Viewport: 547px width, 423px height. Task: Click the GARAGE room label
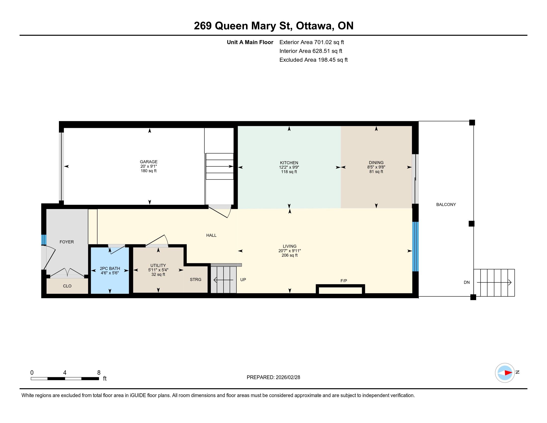click(148, 162)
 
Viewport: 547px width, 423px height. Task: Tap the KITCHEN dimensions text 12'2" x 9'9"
click(289, 167)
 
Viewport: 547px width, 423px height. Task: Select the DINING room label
click(376, 163)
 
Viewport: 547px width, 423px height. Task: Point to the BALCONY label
click(446, 205)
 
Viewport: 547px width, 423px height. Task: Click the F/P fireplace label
click(344, 281)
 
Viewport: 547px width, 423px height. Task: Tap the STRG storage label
click(196, 279)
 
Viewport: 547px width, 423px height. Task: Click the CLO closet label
click(67, 286)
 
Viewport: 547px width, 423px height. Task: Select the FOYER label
click(67, 242)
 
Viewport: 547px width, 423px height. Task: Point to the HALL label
click(211, 235)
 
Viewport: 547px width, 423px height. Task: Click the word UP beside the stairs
click(243, 280)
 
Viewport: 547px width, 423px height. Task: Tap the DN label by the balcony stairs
click(467, 282)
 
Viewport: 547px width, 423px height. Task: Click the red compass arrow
click(508, 373)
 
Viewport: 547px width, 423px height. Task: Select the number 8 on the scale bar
click(99, 373)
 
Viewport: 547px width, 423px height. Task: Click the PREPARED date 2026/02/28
click(288, 377)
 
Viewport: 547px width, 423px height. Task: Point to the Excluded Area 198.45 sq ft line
click(314, 60)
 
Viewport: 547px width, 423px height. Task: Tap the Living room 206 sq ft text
click(289, 255)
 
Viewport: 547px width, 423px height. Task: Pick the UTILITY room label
click(158, 265)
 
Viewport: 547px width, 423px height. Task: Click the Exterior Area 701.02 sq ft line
click(312, 42)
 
